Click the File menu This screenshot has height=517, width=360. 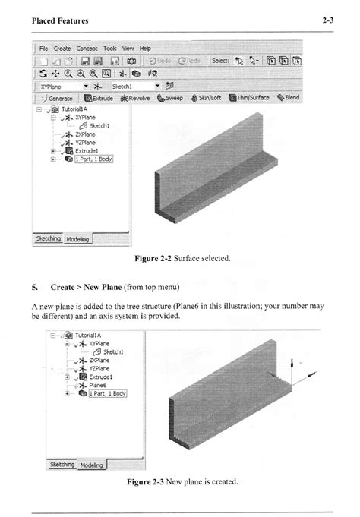click(x=44, y=48)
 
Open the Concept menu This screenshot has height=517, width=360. click(x=89, y=48)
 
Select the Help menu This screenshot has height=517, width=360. click(x=145, y=48)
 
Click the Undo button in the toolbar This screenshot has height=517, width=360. click(x=161, y=61)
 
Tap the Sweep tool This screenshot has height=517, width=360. click(x=172, y=98)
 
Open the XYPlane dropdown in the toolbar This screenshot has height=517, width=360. click(x=86, y=87)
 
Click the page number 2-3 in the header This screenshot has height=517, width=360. click(x=327, y=20)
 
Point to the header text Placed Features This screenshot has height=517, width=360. click(x=60, y=20)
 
